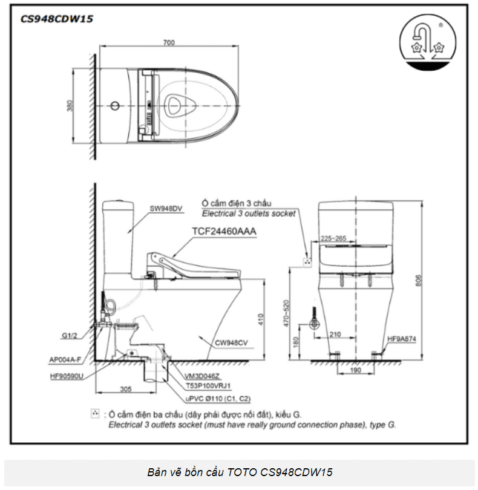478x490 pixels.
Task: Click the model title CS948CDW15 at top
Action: pos(57,19)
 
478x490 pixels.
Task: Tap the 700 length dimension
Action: pos(169,42)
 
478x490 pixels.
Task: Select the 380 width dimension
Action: pos(70,106)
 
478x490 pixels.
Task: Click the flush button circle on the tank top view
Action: pos(115,106)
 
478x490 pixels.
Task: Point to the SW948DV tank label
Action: pos(166,209)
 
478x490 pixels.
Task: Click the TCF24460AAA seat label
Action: pos(224,231)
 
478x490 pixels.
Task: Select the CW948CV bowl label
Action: pos(231,343)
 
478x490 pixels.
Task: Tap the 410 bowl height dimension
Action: pos(261,319)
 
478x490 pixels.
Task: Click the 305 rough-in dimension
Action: pos(126,389)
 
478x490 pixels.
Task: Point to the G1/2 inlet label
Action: pos(69,336)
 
